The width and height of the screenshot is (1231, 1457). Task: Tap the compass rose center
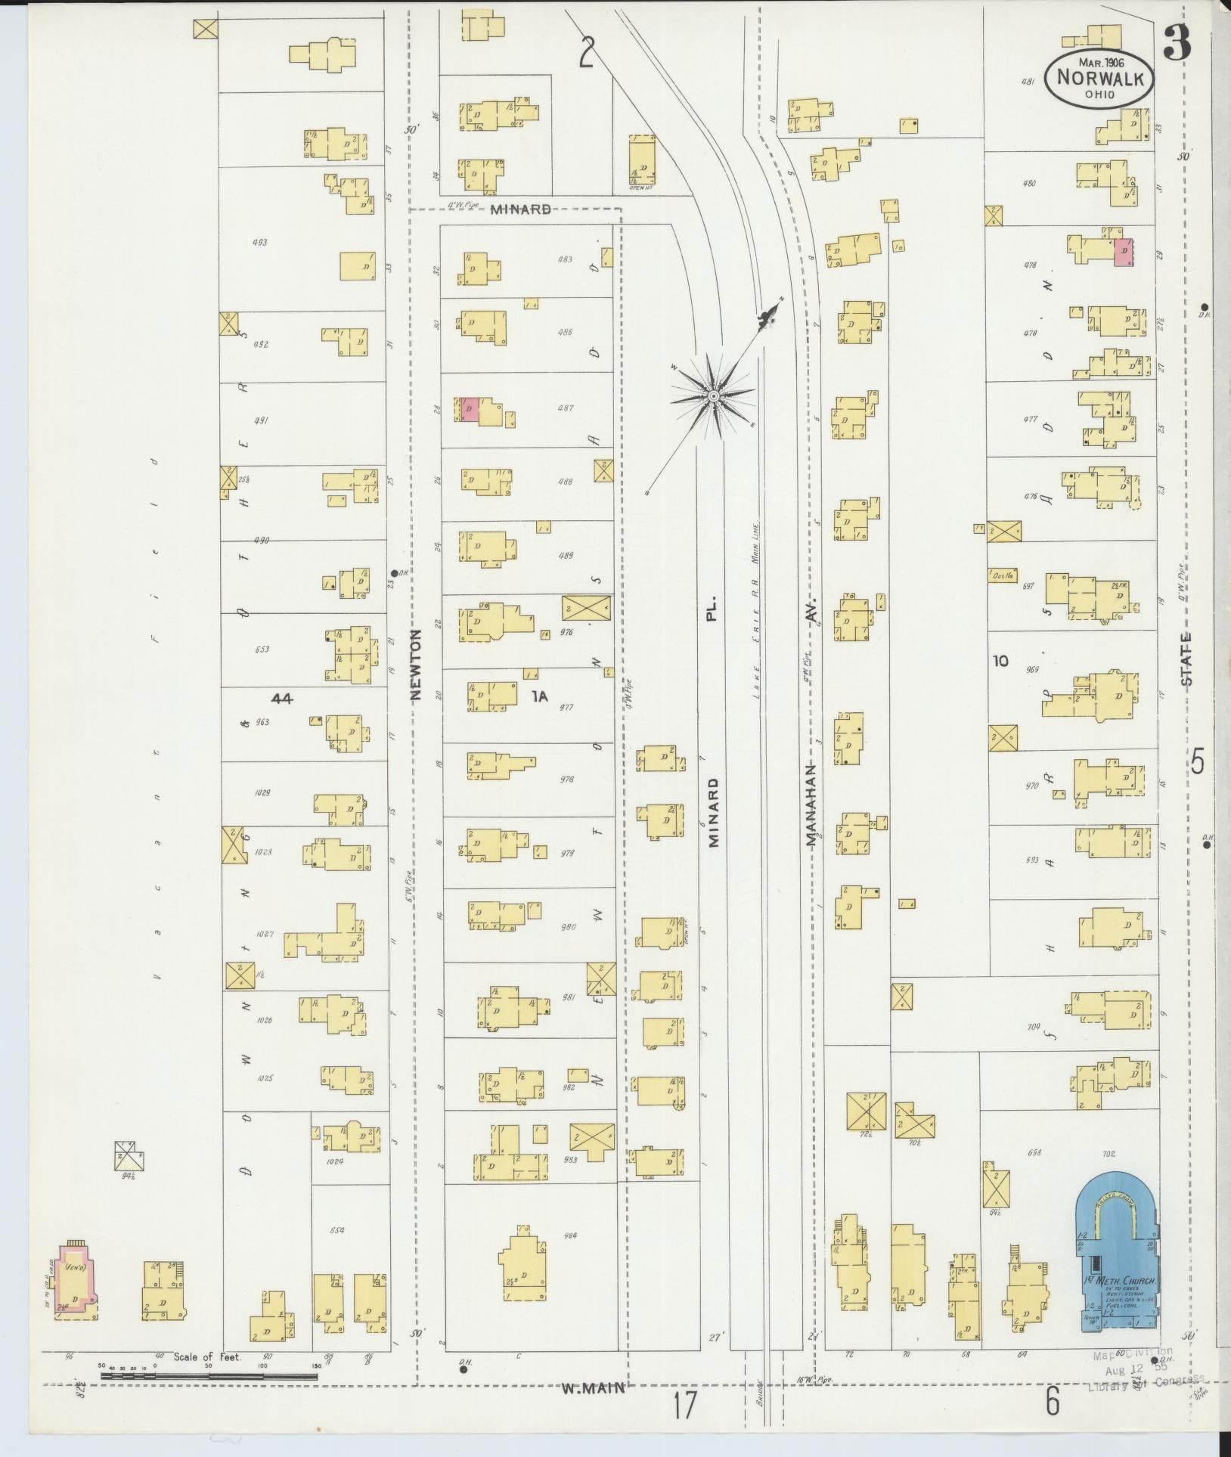(712, 396)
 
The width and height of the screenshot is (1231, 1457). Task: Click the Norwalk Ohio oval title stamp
(1099, 78)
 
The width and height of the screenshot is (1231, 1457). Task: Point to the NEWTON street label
(415, 665)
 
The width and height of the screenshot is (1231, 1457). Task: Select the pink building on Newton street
(469, 409)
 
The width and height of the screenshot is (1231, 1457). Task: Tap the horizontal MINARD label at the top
(520, 209)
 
